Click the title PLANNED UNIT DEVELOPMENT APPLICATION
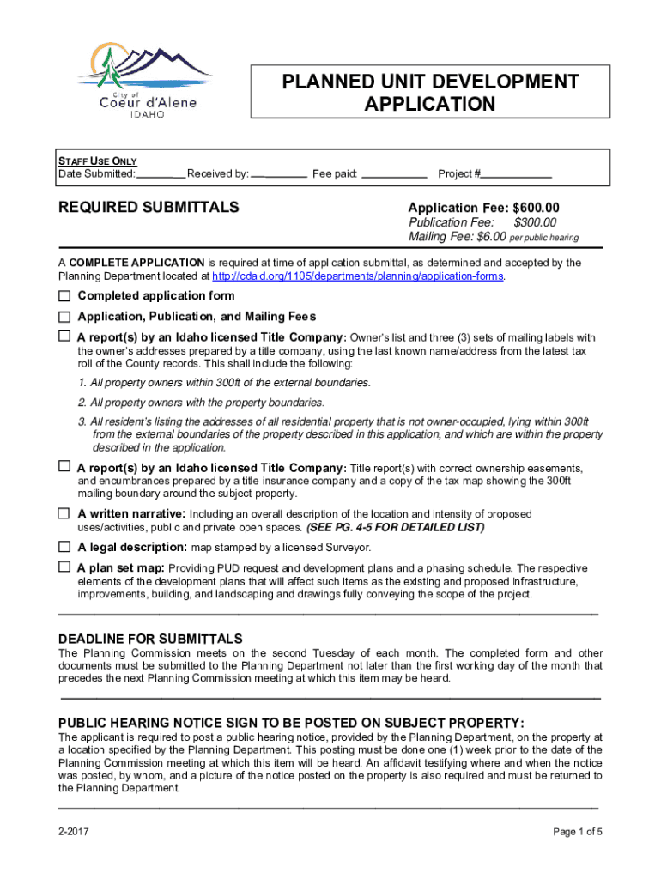coord(430,94)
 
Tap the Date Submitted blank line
coord(161,174)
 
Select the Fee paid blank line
coord(394,174)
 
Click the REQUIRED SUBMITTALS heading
coord(148,208)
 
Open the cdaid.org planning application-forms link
coord(358,276)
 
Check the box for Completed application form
coord(64,296)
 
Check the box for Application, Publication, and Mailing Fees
coord(64,317)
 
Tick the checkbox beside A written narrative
coord(64,513)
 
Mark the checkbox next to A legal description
coord(64,547)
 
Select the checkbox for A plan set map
coord(64,567)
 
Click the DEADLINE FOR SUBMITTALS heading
coord(150,639)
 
